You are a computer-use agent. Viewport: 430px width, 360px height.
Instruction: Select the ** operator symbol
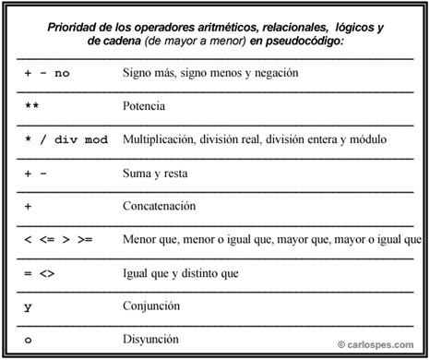(x=31, y=106)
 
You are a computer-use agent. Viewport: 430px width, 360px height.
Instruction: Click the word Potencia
(x=143, y=106)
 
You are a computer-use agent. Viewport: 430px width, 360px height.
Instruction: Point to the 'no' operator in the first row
(x=62, y=72)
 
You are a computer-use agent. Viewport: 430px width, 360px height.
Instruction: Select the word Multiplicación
(x=161, y=139)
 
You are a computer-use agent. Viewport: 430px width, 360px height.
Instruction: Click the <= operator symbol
(x=47, y=239)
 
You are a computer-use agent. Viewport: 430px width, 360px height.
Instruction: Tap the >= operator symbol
(x=85, y=239)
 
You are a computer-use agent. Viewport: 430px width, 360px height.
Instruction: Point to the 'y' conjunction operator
(x=28, y=306)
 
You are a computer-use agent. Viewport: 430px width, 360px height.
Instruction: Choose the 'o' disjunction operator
(x=28, y=340)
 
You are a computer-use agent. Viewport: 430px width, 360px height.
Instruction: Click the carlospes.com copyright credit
(x=377, y=345)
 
